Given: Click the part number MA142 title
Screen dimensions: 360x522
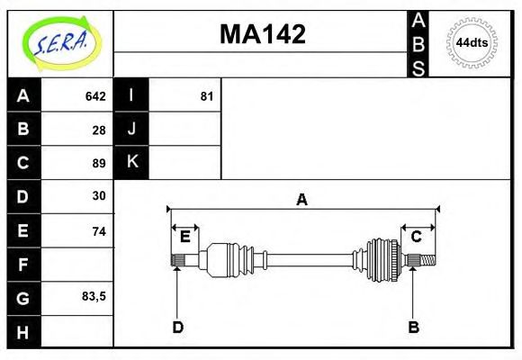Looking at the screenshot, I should (263, 34).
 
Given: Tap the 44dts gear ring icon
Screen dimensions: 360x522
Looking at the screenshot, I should (472, 42).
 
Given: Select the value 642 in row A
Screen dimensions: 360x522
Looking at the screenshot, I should (95, 96).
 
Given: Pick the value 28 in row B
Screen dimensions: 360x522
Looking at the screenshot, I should (99, 130).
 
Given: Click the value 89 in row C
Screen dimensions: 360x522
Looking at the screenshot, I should (99, 163).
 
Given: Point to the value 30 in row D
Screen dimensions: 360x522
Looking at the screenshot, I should (99, 196).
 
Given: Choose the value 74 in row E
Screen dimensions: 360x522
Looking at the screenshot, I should (99, 231).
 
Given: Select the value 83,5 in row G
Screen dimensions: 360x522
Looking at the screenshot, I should (94, 296).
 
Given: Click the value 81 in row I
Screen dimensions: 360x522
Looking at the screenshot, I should (206, 96).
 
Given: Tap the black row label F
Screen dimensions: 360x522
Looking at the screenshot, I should (23, 265).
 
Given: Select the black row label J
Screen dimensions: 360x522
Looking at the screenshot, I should (131, 130).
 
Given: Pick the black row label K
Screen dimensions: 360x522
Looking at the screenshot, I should (131, 163).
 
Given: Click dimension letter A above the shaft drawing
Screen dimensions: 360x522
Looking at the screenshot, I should (302, 200).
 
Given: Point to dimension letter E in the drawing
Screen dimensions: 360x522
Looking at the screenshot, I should (184, 237).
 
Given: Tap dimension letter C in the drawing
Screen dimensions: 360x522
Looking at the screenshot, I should (416, 237).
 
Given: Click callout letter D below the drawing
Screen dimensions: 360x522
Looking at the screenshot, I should (177, 327).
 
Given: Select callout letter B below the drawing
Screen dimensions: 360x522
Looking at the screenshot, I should (413, 327).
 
